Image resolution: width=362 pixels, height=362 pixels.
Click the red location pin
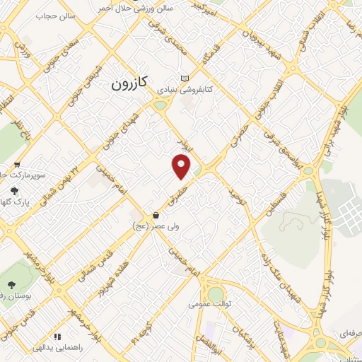182,167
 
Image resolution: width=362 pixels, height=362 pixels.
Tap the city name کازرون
129,84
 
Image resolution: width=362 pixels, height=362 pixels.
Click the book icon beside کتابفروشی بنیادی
185,78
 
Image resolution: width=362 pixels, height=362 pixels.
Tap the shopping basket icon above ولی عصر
155,215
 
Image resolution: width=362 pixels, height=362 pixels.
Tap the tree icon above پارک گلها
15,191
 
